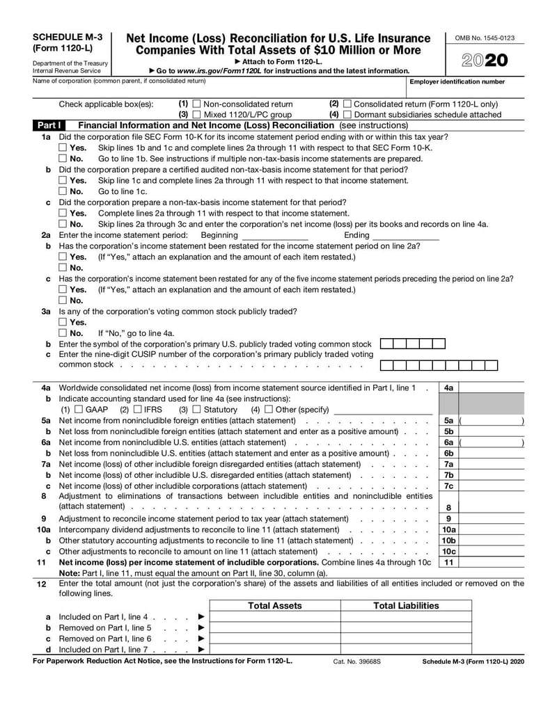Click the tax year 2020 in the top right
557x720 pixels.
485,61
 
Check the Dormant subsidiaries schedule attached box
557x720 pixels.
347,115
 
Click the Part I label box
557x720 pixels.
49,125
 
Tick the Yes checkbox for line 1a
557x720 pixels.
63,148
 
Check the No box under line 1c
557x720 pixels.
63,224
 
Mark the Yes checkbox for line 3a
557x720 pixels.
63,322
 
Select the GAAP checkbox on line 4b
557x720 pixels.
78,409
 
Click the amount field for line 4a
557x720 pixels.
492,387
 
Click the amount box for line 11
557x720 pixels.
492,562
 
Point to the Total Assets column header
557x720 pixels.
275,606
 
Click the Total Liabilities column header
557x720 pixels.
406,606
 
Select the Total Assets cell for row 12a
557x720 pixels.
275,617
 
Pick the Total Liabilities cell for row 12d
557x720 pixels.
406,650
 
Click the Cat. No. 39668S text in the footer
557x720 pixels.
357,662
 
